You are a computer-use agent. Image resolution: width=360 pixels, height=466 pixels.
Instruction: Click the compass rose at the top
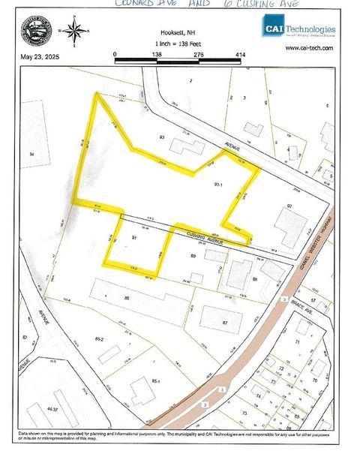74,31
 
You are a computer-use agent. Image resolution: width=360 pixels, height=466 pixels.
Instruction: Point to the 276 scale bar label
199,54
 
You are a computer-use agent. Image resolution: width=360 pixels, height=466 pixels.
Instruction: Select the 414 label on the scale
240,54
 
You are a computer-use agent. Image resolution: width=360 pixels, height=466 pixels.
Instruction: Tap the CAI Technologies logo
298,29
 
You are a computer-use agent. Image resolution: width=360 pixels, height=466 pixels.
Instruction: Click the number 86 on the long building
127,299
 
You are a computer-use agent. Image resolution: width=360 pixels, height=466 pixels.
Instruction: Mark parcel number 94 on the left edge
31,154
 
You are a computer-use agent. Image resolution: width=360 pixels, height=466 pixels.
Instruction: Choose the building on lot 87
222,319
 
